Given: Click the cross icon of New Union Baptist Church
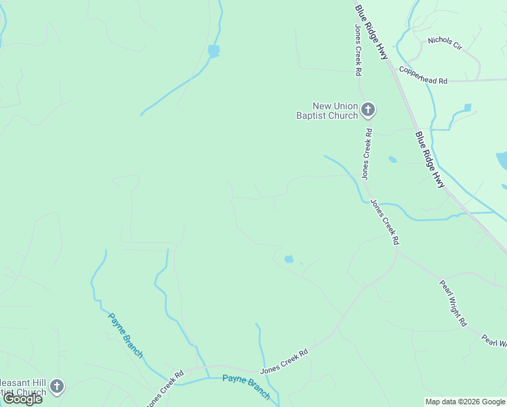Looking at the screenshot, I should [x=368, y=109].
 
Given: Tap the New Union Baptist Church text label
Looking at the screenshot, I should [x=327, y=111].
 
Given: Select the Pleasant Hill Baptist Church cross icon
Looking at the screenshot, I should [x=57, y=387].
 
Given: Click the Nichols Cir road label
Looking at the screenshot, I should [x=444, y=44].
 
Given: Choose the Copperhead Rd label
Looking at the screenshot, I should [x=423, y=75].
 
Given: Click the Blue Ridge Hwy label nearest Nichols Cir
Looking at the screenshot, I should [x=371, y=32].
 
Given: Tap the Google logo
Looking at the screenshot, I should [x=22, y=398].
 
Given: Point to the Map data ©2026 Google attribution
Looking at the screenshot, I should [x=465, y=402].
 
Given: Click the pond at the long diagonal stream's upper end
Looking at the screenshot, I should [x=214, y=51].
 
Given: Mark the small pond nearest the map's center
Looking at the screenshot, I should [x=289, y=259].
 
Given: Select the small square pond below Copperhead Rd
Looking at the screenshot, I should [x=467, y=108].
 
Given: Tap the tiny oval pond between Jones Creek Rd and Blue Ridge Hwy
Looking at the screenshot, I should [x=392, y=160].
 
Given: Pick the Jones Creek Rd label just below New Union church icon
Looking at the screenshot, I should [x=366, y=154].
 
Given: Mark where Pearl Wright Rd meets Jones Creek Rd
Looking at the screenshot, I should [x=397, y=252].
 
